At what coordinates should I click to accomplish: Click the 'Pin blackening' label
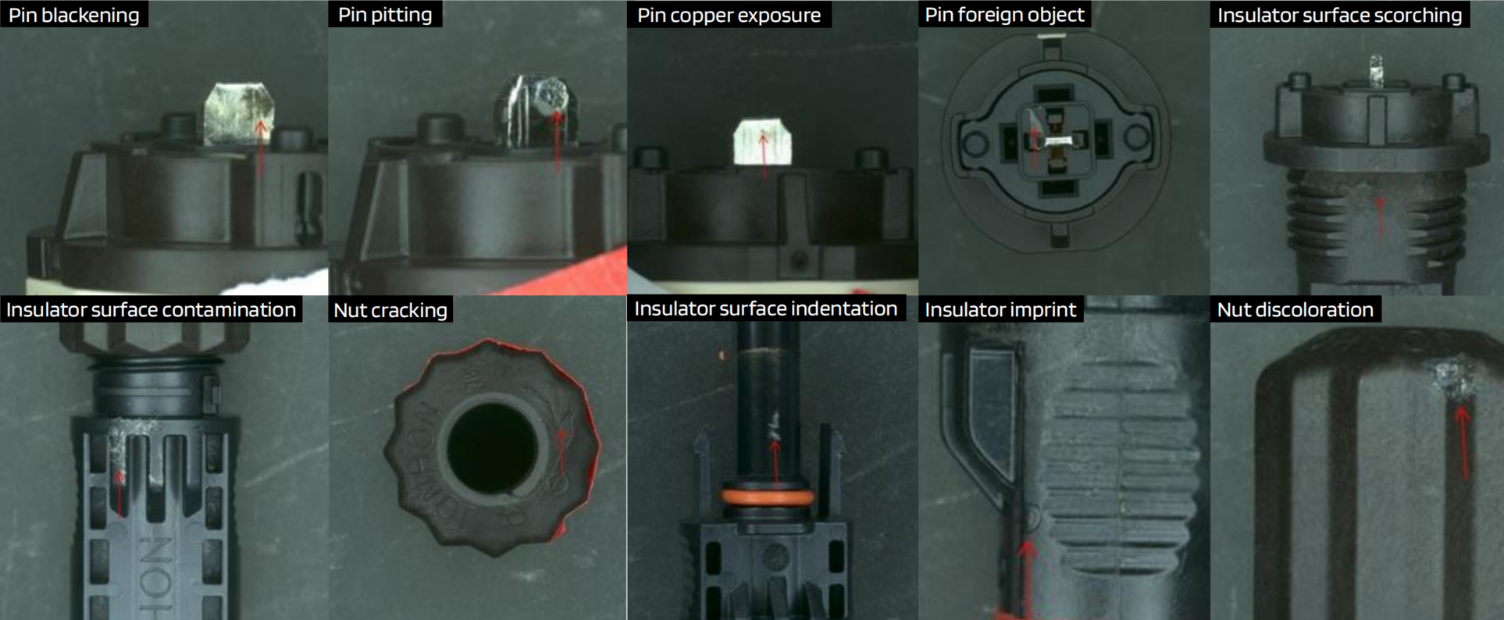(73, 15)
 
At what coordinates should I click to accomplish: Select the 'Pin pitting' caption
(385, 15)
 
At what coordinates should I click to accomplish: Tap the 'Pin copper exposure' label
(729, 15)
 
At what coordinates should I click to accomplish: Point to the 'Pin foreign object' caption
(1004, 15)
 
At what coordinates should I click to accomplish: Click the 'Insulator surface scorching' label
(1339, 15)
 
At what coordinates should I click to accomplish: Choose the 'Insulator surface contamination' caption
(151, 309)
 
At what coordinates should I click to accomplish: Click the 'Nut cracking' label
(390, 310)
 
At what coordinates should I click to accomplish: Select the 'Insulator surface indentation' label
(765, 308)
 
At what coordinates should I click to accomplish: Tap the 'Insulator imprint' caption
(1000, 309)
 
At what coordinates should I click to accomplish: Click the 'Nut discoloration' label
(1295, 309)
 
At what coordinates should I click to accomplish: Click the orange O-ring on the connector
(767, 497)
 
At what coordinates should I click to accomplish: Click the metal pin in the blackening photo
(238, 113)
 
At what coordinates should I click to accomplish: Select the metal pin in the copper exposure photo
(762, 141)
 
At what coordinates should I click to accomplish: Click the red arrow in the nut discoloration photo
(1463, 441)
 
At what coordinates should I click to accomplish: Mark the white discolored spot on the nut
(1451, 379)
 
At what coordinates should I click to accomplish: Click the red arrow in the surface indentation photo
(775, 461)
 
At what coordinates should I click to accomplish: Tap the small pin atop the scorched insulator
(1376, 70)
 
